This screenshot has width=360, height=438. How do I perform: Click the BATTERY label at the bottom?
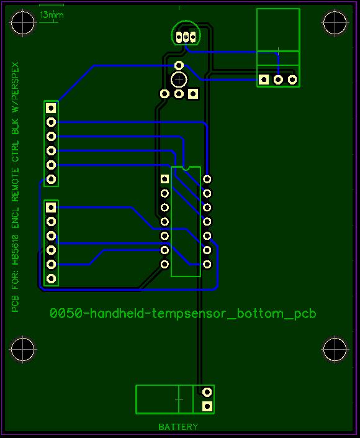178,427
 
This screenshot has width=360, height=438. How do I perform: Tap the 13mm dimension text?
52,14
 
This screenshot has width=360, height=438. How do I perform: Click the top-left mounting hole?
22,22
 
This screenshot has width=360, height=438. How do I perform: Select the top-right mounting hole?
335,22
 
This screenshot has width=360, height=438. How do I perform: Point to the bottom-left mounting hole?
22,349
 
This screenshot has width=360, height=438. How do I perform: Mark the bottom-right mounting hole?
335,349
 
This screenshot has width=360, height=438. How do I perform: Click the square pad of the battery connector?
207,406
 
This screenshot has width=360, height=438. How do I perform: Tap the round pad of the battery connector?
207,392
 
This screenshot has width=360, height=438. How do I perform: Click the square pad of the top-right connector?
264,80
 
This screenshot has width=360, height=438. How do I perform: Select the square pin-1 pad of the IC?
164,179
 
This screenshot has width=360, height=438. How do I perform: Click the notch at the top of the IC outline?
186,168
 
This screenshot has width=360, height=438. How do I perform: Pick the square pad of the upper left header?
51,108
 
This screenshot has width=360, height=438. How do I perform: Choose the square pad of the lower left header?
51,208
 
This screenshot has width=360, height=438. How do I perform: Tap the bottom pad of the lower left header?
51,278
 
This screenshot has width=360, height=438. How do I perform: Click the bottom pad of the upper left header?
51,179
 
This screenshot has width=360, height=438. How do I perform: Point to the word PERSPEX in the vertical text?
15,83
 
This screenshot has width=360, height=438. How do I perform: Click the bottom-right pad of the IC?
207,264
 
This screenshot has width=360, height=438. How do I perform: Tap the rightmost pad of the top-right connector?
292,80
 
